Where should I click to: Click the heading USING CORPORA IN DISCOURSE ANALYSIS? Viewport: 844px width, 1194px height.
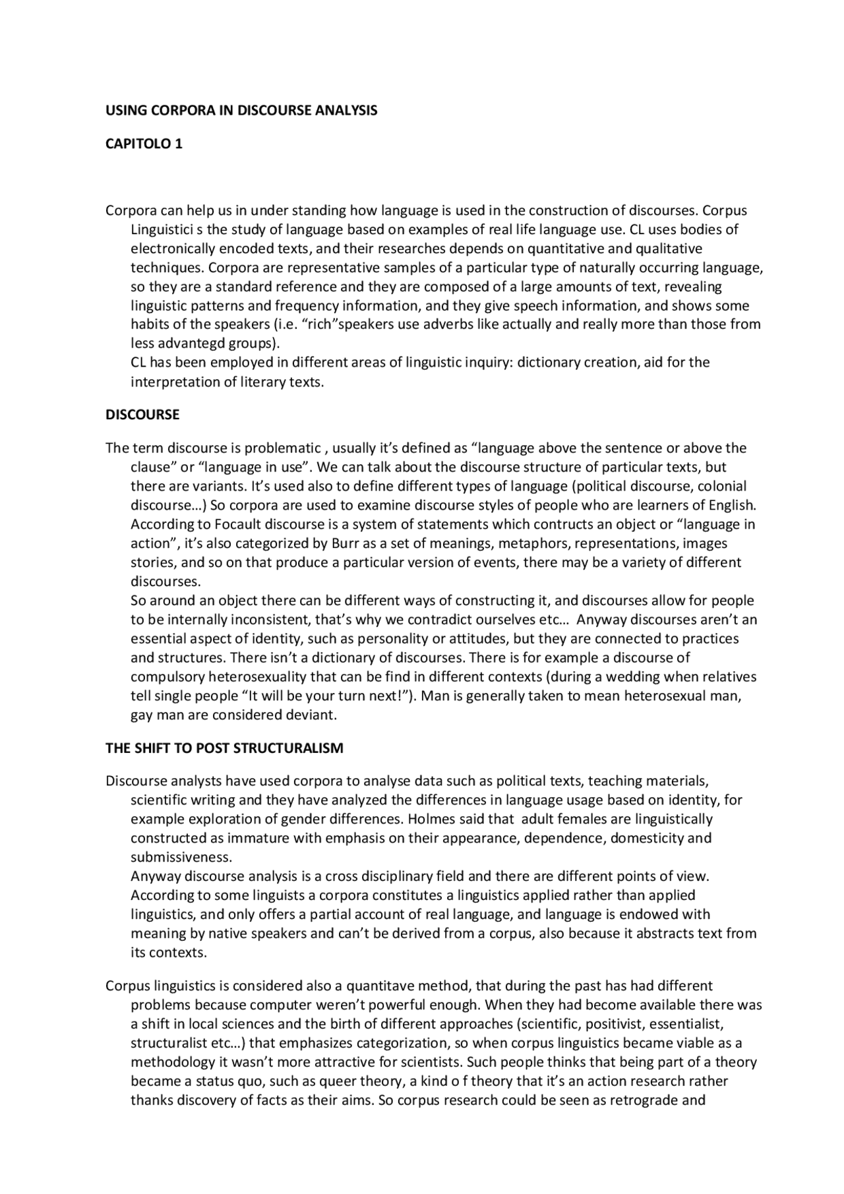pyautogui.click(x=241, y=110)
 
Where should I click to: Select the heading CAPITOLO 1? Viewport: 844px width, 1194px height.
pyautogui.click(x=144, y=144)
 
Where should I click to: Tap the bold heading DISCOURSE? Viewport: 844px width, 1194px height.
pyautogui.click(x=142, y=415)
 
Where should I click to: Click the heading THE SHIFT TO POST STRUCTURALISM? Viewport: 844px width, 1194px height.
pyautogui.click(x=224, y=748)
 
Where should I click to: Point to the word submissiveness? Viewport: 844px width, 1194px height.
pyautogui.click(x=181, y=858)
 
